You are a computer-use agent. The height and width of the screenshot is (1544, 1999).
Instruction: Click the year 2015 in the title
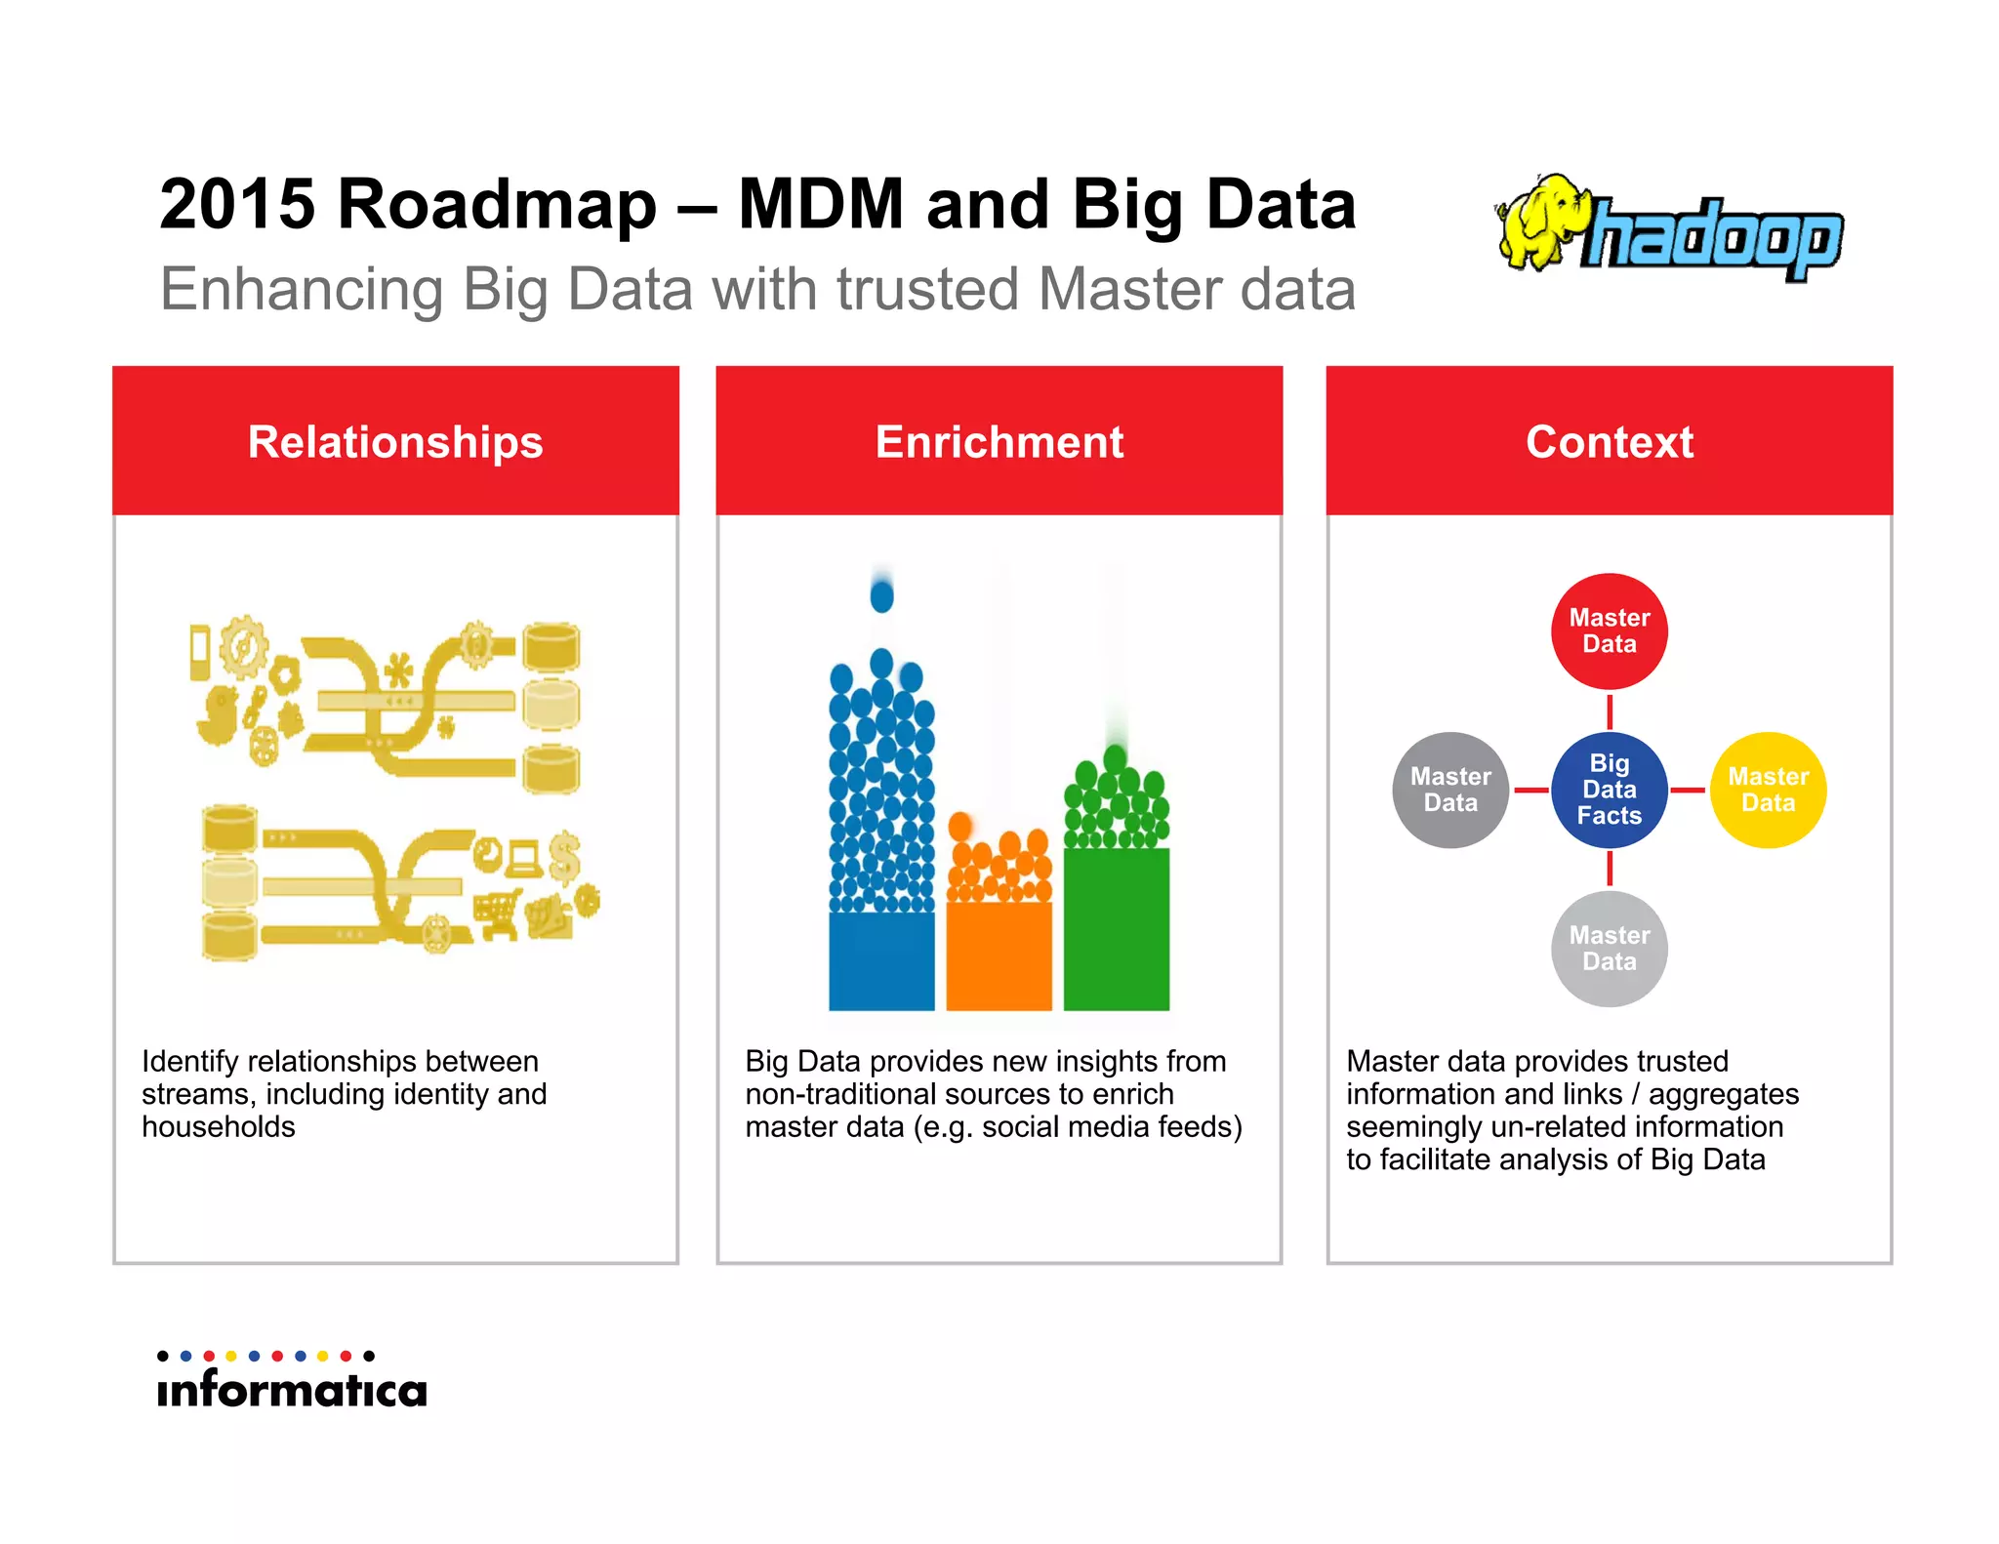(237, 205)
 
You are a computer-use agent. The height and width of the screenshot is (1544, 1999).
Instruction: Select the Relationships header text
(395, 442)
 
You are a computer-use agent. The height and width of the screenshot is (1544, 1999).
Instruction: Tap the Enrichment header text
(999, 442)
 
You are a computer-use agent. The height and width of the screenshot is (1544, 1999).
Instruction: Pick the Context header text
(1609, 442)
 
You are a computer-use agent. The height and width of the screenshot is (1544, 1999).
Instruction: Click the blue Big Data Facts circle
(1609, 790)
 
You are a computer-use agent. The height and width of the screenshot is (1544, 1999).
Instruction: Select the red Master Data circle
(1609, 631)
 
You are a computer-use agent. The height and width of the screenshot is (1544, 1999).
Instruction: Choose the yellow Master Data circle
(1768, 790)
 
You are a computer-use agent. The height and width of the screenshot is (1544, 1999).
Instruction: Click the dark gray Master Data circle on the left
(1450, 790)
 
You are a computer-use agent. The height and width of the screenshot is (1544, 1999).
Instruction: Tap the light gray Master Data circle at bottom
(1609, 948)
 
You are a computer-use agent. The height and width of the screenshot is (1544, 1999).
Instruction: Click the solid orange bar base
(999, 956)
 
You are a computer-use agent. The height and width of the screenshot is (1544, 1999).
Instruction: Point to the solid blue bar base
(881, 961)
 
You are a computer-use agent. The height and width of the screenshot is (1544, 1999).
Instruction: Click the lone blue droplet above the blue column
(881, 594)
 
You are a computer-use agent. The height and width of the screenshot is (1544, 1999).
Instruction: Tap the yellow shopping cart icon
(498, 914)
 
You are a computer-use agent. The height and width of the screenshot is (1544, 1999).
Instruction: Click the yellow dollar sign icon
(564, 856)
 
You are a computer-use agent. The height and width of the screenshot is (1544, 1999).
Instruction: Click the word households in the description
(219, 1127)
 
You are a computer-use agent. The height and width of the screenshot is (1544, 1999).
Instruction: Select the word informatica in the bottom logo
(292, 1390)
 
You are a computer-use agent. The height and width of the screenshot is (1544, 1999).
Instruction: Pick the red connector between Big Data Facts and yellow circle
(1688, 790)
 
